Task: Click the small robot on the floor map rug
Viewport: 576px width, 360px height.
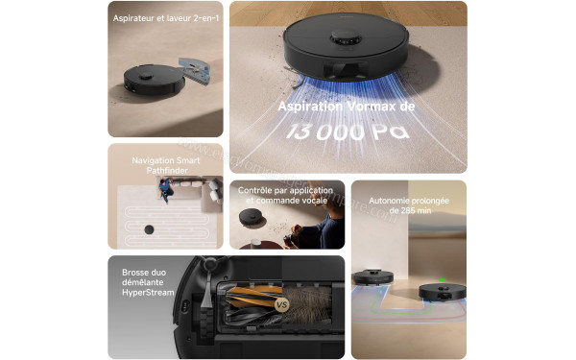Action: pyautogui.click(x=150, y=229)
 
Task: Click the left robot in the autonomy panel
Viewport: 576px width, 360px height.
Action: pyautogui.click(x=372, y=278)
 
